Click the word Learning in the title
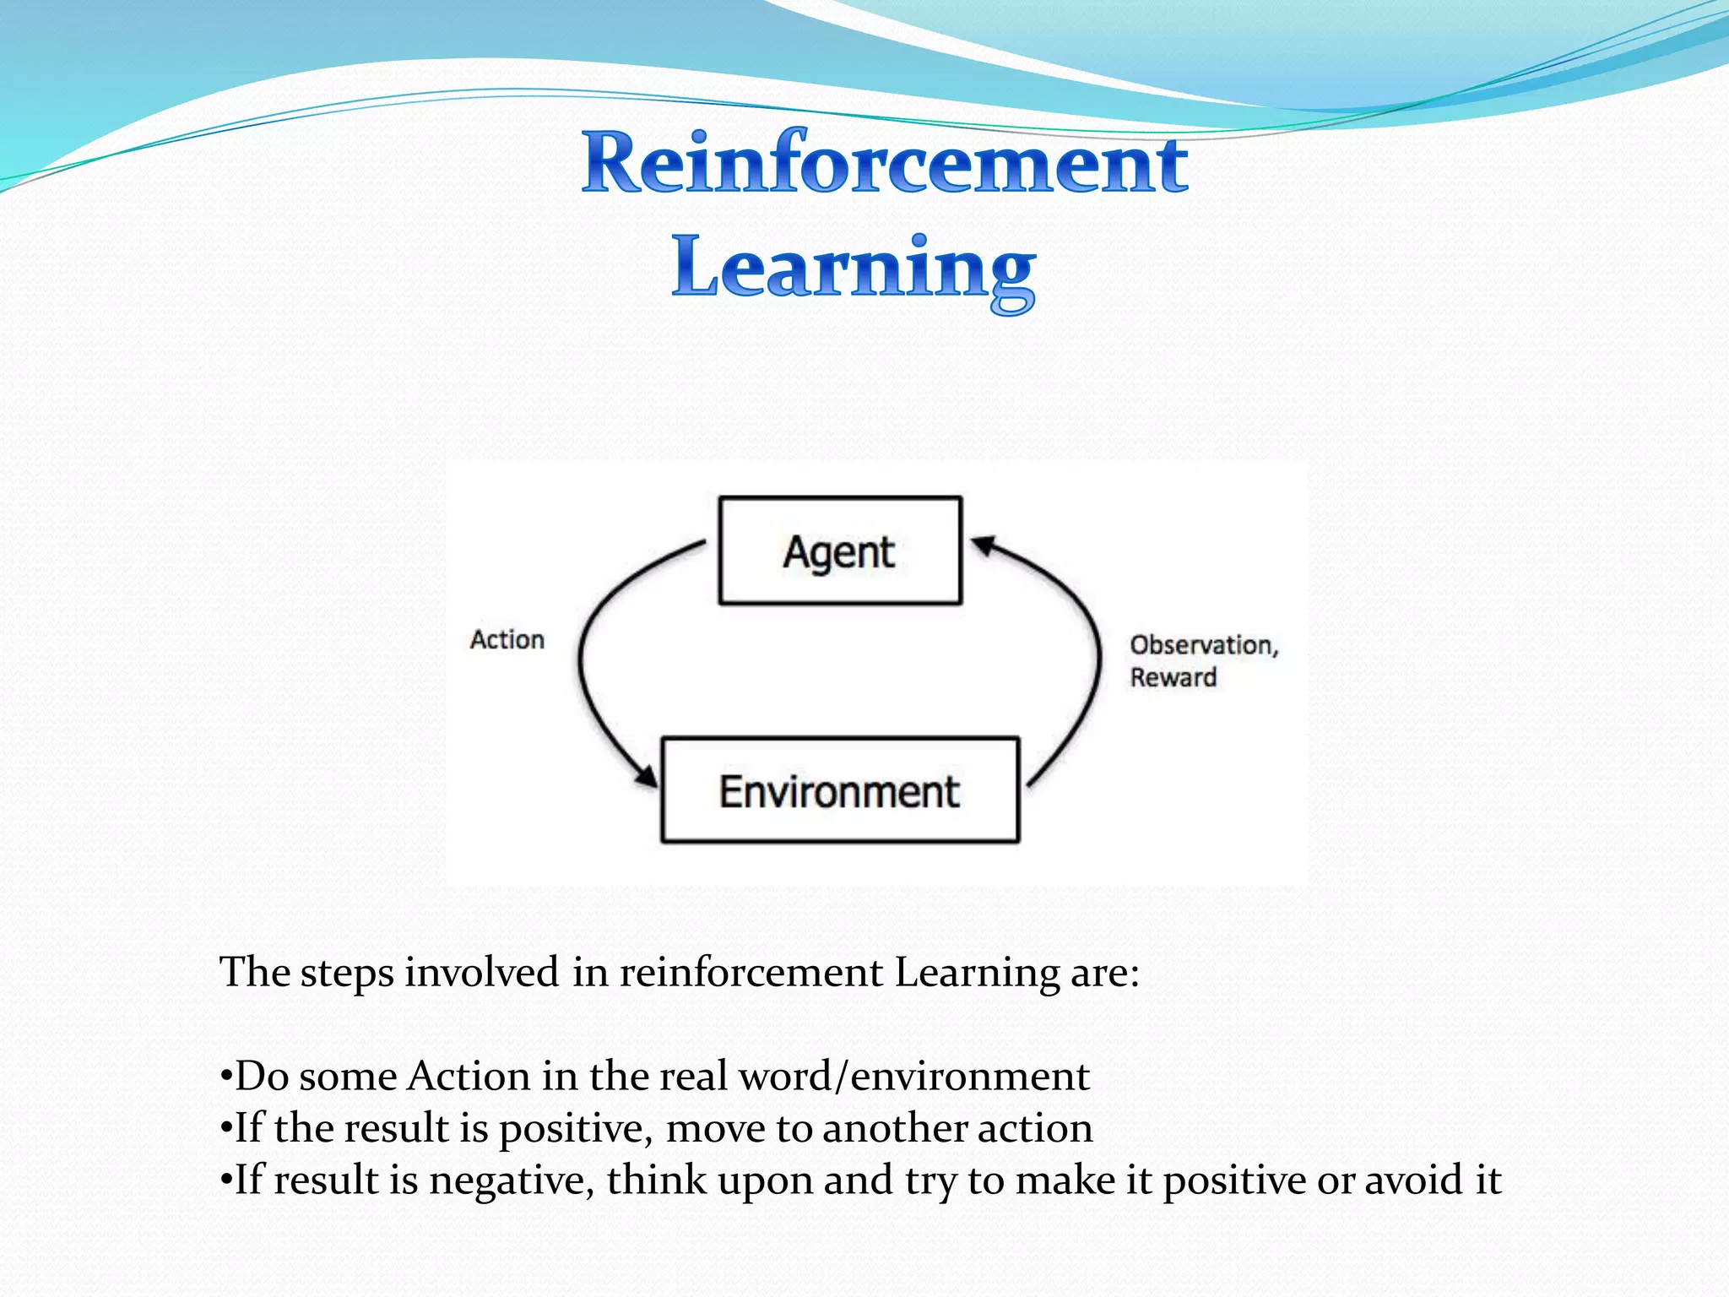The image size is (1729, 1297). (854, 269)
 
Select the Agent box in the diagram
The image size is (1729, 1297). (840, 551)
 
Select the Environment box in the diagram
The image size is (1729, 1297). (840, 790)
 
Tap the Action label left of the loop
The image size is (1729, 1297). (507, 640)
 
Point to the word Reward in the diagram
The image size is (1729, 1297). (1173, 677)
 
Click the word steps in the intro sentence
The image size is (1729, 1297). (347, 973)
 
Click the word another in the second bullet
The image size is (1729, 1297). (894, 1129)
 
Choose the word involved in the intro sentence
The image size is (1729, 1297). (481, 973)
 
